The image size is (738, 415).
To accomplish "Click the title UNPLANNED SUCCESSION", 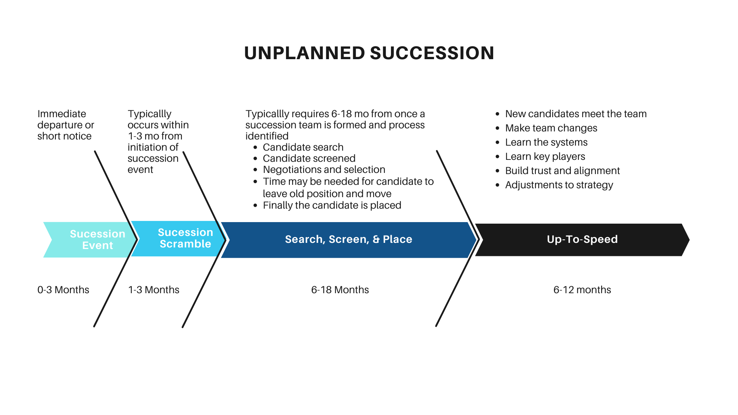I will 369,53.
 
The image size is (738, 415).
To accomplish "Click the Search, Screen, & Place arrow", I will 348,239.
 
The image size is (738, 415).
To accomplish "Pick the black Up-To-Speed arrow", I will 582,239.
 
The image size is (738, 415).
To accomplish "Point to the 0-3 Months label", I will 63,290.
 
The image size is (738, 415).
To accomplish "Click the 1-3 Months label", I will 153,290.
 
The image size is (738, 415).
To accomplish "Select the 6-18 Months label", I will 340,290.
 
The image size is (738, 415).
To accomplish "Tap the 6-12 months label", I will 582,290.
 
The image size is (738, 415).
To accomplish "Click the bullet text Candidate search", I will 303,147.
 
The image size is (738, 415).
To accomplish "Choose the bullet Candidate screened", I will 309,158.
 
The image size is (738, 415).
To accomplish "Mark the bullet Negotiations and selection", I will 324,169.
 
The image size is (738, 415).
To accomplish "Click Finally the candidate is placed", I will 332,205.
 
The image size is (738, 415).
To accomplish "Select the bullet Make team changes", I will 551,128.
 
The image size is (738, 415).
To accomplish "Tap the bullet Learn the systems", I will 546,142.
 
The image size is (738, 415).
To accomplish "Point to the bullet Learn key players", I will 545,156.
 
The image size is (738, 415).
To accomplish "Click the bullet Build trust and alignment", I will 562,171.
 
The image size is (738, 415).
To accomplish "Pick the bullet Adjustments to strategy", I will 559,185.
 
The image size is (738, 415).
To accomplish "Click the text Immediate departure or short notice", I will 65,125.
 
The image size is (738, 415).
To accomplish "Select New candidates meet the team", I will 576,114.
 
